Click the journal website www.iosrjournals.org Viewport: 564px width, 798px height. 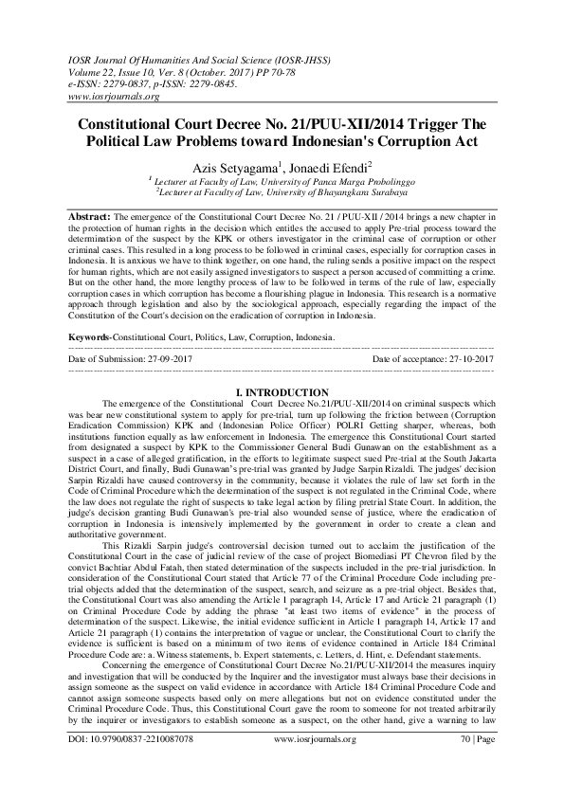(x=114, y=97)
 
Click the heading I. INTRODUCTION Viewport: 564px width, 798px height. (x=282, y=392)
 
